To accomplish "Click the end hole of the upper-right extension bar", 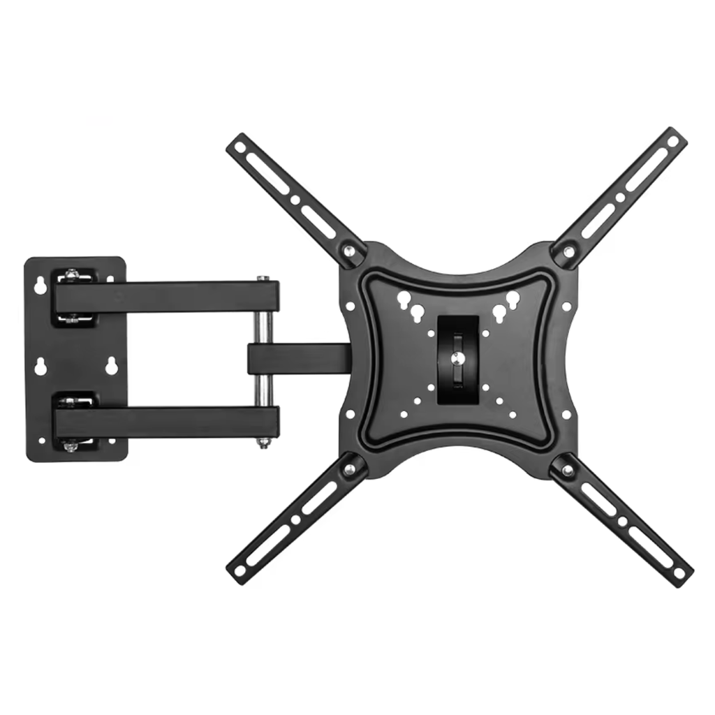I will (x=673, y=140).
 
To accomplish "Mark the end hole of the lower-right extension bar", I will (x=679, y=573).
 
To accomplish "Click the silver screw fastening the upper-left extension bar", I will (x=347, y=249).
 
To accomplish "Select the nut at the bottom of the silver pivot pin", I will (x=263, y=441).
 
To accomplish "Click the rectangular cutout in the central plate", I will (x=458, y=358).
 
